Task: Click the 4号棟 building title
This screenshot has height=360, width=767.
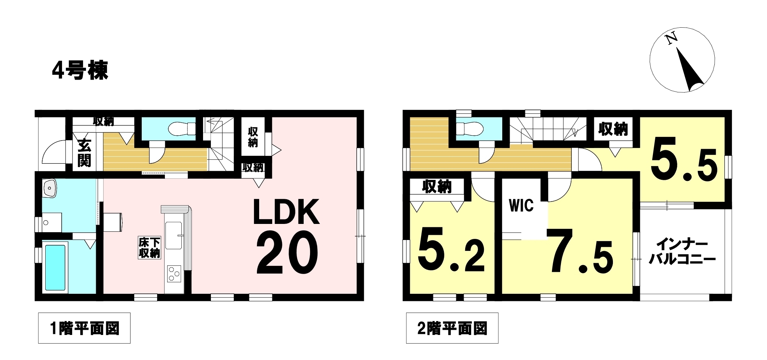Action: pyautogui.click(x=80, y=70)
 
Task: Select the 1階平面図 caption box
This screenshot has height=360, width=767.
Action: pyautogui.click(x=84, y=328)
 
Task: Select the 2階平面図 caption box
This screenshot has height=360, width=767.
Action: pyautogui.click(x=452, y=328)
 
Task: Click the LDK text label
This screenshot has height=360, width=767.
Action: pyautogui.click(x=286, y=212)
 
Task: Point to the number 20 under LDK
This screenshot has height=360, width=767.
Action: pyautogui.click(x=287, y=252)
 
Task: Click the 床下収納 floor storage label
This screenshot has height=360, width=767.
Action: pyautogui.click(x=149, y=247)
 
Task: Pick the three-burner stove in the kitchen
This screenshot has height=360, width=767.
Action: pyautogui.click(x=174, y=274)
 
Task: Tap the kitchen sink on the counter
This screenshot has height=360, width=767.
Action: pyautogui.click(x=174, y=236)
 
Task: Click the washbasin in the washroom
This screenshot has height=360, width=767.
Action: pyautogui.click(x=50, y=188)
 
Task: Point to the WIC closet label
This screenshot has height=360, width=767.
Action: pyautogui.click(x=521, y=205)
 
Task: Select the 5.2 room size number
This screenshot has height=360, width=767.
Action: pyautogui.click(x=451, y=251)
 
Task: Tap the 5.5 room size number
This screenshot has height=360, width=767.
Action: pyautogui.click(x=684, y=159)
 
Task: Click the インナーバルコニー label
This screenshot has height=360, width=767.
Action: pyautogui.click(x=682, y=252)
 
